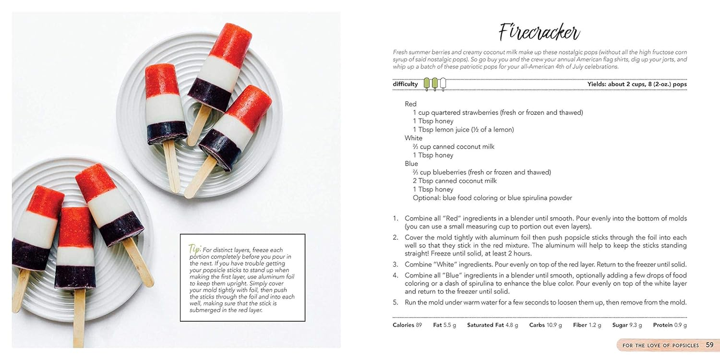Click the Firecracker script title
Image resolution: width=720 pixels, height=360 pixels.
pyautogui.click(x=539, y=32)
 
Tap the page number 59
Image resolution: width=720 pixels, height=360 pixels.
pyautogui.click(x=710, y=345)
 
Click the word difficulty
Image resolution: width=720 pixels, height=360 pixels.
pyautogui.click(x=405, y=84)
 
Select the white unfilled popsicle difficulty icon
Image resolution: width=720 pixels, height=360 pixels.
pyautogui.click(x=443, y=84)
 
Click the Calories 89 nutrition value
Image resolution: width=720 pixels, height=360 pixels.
pyautogui.click(x=407, y=325)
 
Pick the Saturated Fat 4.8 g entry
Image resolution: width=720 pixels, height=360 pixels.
pyautogui.click(x=492, y=325)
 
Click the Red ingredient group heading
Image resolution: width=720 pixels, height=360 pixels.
pyautogui.click(x=410, y=104)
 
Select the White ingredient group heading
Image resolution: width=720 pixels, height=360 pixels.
pyautogui.click(x=413, y=138)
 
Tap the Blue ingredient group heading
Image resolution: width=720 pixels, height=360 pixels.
pyautogui.click(x=411, y=164)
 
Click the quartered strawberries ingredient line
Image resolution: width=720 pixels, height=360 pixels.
pyautogui.click(x=498, y=112)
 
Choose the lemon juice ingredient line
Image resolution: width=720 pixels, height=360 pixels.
pyautogui.click(x=463, y=130)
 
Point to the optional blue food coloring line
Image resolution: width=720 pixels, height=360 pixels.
pyautogui.click(x=492, y=198)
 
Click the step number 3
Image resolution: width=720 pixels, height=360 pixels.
pyautogui.click(x=395, y=265)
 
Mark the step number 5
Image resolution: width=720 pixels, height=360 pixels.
pyautogui.click(x=395, y=302)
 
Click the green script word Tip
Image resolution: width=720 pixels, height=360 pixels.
pyautogui.click(x=194, y=249)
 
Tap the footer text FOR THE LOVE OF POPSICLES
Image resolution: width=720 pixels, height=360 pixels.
pyautogui.click(x=660, y=346)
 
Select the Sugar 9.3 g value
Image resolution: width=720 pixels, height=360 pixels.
pyautogui.click(x=627, y=325)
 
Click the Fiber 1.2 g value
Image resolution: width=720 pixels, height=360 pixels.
pyautogui.click(x=587, y=325)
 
